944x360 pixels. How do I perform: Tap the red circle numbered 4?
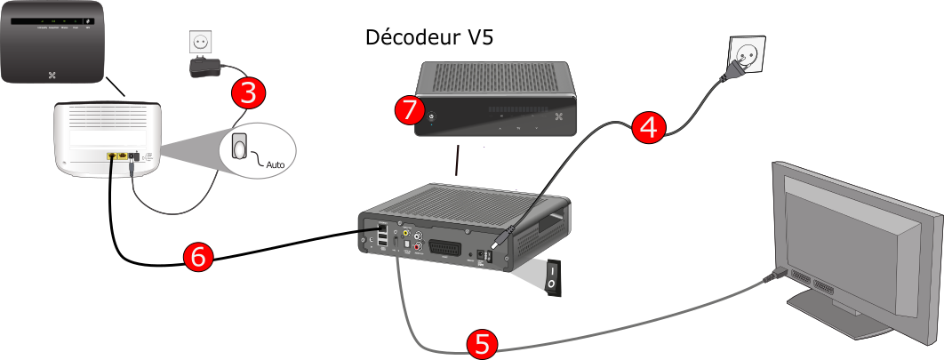[x=650, y=127]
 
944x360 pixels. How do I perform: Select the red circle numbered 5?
[x=482, y=344]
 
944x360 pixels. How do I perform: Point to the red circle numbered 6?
[x=197, y=257]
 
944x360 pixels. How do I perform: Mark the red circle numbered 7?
[x=409, y=110]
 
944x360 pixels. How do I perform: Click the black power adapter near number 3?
[x=205, y=68]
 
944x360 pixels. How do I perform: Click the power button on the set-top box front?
[x=433, y=116]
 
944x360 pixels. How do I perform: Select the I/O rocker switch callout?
[x=552, y=275]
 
